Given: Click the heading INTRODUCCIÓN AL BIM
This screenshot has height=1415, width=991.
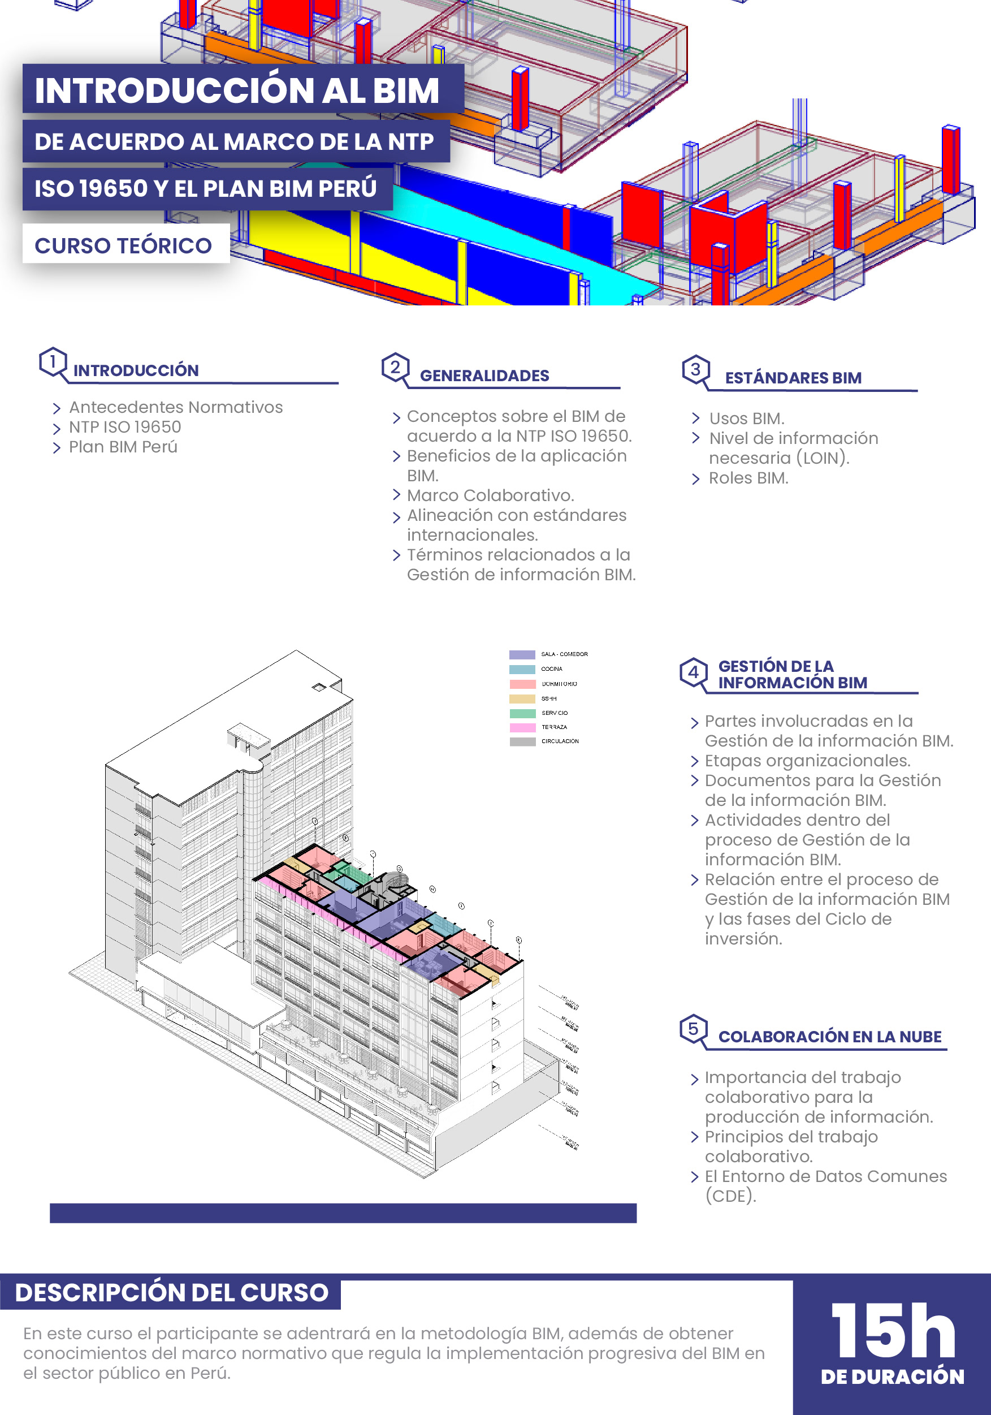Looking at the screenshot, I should point(237,90).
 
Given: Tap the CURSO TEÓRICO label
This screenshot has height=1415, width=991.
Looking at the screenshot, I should point(123,245).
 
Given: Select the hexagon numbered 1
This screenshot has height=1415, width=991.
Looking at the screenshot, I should point(53,362).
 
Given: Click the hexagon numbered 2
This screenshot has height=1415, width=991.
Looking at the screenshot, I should point(395,367).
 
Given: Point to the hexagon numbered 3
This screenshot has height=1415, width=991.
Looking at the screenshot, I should point(695,369).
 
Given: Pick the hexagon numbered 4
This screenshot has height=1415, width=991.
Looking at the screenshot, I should point(693,672).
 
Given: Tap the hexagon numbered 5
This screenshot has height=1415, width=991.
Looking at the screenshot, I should point(693,1029).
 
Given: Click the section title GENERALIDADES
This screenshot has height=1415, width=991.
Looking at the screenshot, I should point(484,376).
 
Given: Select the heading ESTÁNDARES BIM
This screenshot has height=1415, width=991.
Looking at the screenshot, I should point(793,378).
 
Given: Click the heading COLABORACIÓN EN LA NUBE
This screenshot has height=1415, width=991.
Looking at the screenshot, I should point(830,1037).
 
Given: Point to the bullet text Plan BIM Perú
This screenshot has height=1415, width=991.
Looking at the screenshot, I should point(123,447).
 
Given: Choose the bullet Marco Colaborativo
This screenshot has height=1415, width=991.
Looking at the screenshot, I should point(490,495).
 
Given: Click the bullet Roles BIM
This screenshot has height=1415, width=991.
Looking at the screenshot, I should point(748,478).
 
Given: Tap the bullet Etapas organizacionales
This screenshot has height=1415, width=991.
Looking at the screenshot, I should point(807,761).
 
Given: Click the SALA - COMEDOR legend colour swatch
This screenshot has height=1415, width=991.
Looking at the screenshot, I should point(522,654).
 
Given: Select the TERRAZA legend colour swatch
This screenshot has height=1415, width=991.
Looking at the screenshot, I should point(522,727).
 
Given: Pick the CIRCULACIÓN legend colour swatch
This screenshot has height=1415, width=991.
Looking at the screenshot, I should point(522,741).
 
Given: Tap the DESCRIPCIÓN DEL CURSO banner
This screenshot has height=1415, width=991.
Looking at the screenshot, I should point(171,1292).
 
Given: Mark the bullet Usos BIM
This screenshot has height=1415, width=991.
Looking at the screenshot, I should point(746,419).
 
